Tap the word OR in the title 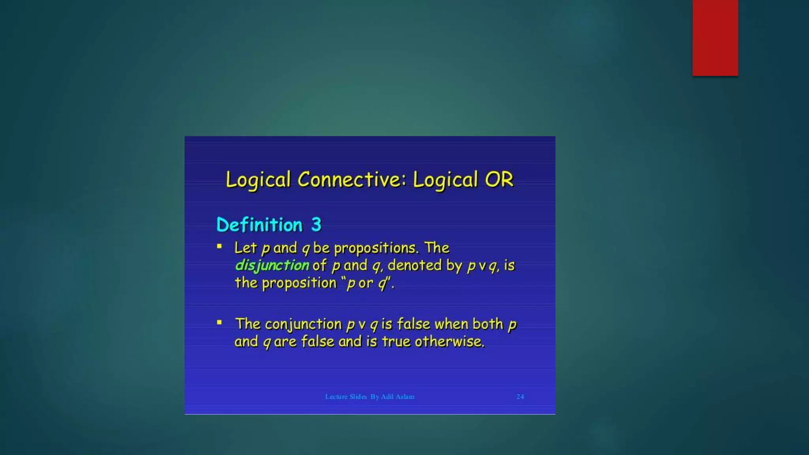click(499, 180)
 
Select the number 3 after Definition click(316, 225)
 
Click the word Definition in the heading click(260, 225)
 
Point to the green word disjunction click(272, 265)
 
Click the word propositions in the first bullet click(376, 248)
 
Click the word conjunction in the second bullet click(303, 324)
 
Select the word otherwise click(449, 342)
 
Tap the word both click(488, 324)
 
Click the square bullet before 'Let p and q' click(220, 247)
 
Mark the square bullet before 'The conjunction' click(220, 323)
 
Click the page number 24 click(520, 397)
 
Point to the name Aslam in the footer click(405, 397)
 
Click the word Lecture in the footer click(336, 397)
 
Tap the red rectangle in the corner click(715, 38)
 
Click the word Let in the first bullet click(245, 248)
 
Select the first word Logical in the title click(258, 180)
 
